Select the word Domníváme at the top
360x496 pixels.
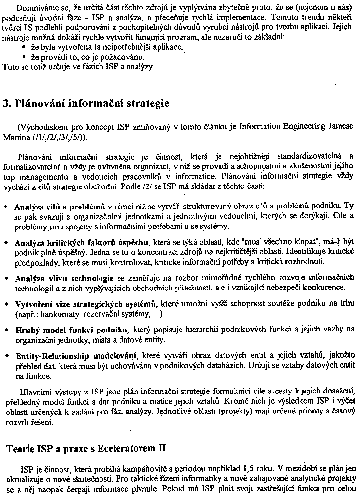[x=33, y=8]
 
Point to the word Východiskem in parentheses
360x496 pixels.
[x=40, y=127]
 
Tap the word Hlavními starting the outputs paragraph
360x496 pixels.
[x=34, y=392]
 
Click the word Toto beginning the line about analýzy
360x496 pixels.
[x=10, y=66]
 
